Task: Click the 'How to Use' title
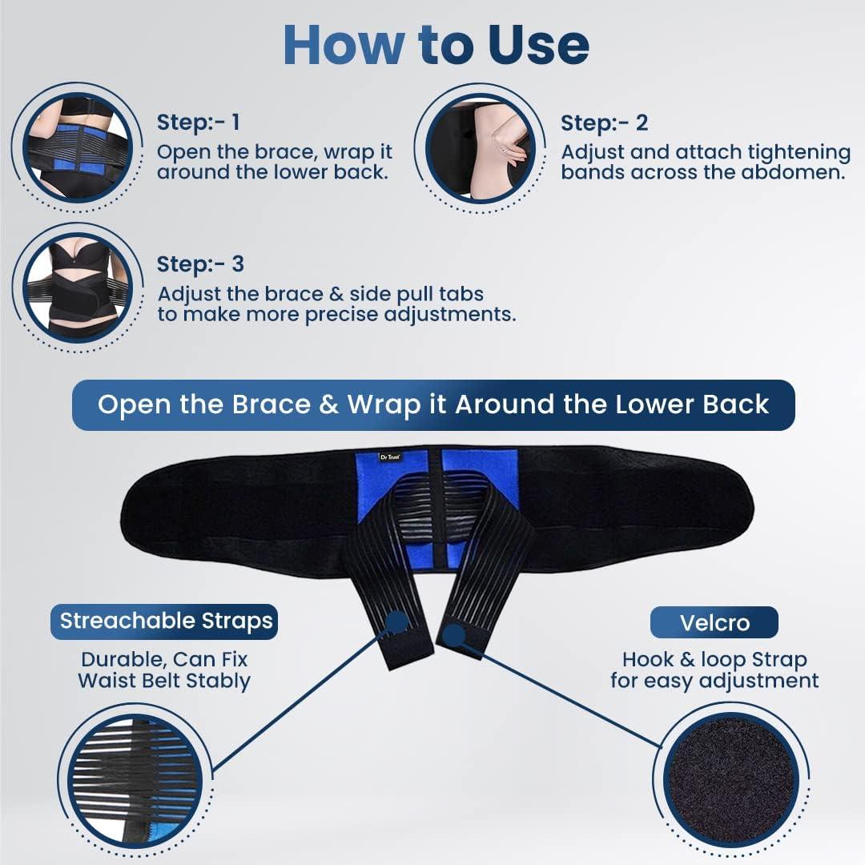[x=436, y=46]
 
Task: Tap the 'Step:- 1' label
[x=198, y=123]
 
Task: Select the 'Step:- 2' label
[x=604, y=123]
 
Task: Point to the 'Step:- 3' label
[x=200, y=264]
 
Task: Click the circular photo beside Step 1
[x=77, y=146]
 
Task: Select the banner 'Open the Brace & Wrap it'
[x=432, y=404]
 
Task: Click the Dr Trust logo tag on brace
[x=390, y=457]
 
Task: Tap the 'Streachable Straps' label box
[x=166, y=621]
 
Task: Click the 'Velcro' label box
[x=714, y=622]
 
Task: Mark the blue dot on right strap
[x=453, y=637]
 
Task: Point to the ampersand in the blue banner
[x=328, y=404]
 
